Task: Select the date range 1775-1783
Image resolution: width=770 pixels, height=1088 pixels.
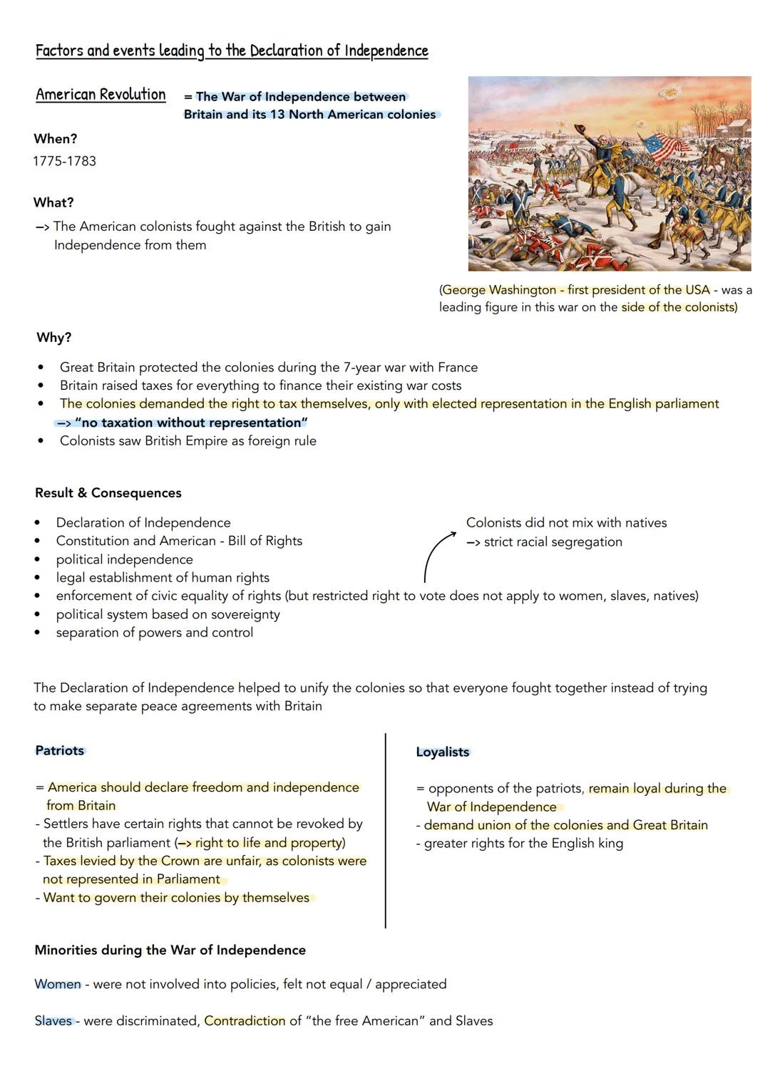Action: click(65, 161)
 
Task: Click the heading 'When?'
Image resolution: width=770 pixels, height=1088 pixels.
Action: click(56, 139)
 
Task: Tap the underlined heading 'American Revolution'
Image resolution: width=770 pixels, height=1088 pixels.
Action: click(101, 95)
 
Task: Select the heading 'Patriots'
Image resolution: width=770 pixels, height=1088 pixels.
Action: click(60, 750)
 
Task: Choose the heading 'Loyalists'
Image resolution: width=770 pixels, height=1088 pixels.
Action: click(443, 752)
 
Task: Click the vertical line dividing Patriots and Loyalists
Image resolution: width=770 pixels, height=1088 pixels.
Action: click(385, 830)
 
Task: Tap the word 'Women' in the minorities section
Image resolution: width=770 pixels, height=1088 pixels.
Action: click(58, 984)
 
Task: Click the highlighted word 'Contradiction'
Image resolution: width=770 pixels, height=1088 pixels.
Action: click(245, 1020)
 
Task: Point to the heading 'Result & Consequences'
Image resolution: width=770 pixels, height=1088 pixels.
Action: click(108, 493)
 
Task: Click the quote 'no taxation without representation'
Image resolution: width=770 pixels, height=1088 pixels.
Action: click(190, 423)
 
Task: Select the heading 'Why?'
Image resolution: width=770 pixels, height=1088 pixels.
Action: click(54, 338)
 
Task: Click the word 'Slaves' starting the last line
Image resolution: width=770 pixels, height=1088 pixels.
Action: click(53, 1020)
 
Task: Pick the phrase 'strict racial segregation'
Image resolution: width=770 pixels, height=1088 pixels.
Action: click(553, 542)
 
